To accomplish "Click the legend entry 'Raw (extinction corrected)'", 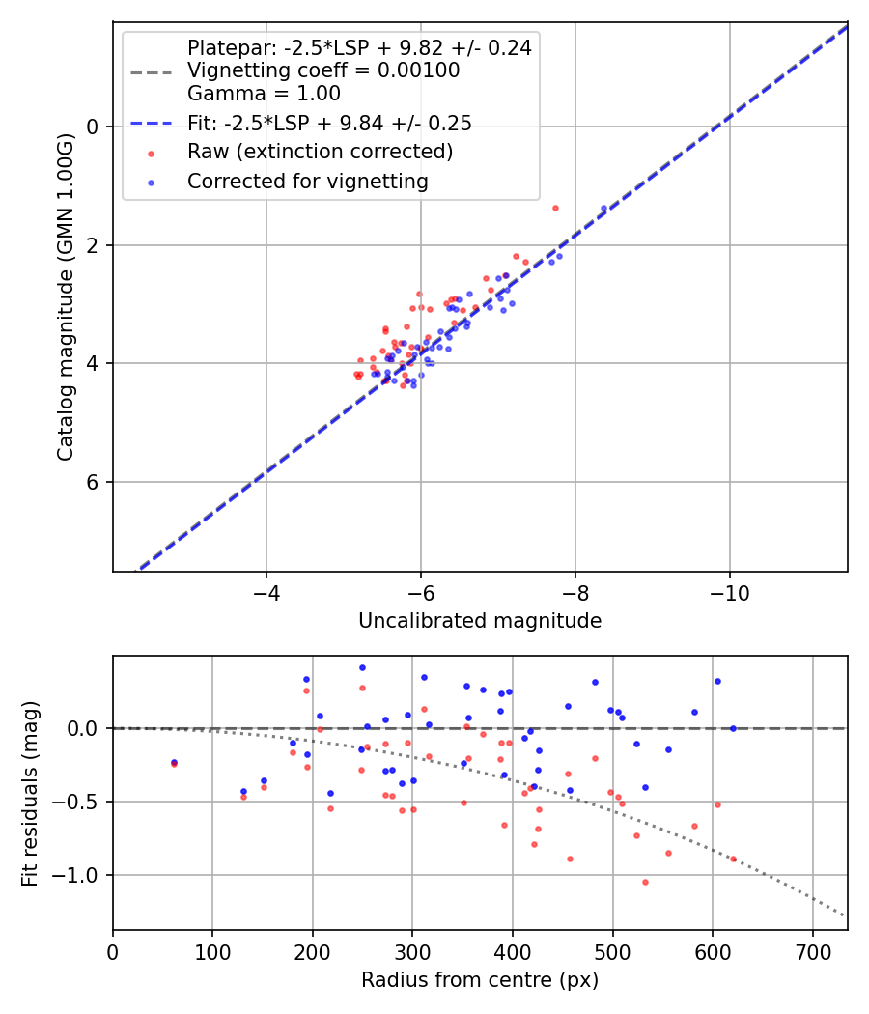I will tap(320, 152).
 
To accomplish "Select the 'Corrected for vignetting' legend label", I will tap(307, 181).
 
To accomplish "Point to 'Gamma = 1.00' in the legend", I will tap(264, 94).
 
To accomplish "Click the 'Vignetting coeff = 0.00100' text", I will tap(323, 70).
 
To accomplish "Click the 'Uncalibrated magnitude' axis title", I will tap(480, 621).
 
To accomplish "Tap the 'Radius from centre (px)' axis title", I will tap(480, 980).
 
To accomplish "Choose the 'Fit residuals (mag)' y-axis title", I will tap(30, 793).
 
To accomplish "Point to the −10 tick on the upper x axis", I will tap(729, 588).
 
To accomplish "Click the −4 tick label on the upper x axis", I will tap(266, 588).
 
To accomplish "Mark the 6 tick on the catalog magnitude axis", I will tap(94, 482).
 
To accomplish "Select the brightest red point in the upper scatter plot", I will tap(555, 208).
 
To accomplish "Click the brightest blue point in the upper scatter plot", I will tap(603, 209).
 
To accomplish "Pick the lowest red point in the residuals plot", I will tap(645, 882).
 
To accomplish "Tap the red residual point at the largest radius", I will tap(733, 859).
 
